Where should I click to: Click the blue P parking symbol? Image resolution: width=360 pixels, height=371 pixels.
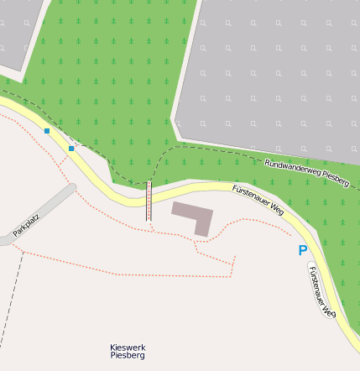[x=302, y=250]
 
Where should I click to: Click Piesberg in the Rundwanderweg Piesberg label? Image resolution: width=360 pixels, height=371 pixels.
[x=335, y=180]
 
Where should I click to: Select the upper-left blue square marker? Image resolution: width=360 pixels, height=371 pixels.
[x=47, y=131]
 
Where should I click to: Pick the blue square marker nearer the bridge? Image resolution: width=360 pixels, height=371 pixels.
[x=71, y=149]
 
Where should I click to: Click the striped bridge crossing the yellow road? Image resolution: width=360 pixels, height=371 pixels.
[x=149, y=201]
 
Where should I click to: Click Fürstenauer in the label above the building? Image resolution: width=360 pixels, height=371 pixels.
[x=251, y=196]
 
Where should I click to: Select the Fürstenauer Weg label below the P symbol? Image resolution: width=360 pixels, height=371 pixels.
[x=321, y=290]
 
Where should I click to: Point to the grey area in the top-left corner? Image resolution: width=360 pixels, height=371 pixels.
[x=17, y=29]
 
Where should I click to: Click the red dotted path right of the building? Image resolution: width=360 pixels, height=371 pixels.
[x=243, y=221]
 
